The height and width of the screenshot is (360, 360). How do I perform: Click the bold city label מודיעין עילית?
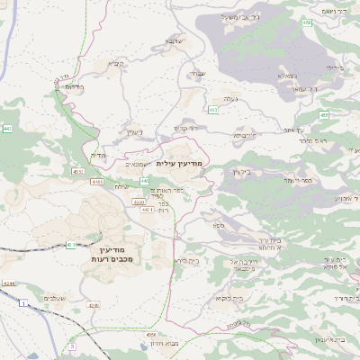(180, 164)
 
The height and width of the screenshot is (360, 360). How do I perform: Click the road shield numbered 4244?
(8, 284)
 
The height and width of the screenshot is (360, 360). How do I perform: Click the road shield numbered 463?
(212, 110)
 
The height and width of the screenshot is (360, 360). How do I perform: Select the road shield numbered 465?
(323, 114)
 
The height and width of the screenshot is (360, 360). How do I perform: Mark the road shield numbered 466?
(307, 22)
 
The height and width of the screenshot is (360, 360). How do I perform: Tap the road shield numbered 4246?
(94, 305)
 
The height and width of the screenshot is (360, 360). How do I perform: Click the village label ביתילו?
(334, 67)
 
